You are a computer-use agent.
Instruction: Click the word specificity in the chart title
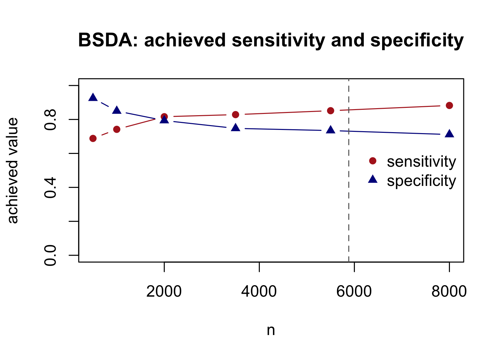[x=417, y=41]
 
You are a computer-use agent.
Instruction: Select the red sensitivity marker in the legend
[x=372, y=161]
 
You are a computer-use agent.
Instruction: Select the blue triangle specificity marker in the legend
[x=372, y=179]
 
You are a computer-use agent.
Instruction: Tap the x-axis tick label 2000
[x=164, y=292]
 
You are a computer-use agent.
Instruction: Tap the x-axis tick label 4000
[x=259, y=292]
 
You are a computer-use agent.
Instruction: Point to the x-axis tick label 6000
[x=354, y=292]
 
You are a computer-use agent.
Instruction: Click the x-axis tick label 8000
[x=449, y=292]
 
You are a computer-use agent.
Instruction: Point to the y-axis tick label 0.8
[x=50, y=120]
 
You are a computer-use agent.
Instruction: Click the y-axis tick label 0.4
[x=50, y=188]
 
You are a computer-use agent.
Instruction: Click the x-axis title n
[x=271, y=331]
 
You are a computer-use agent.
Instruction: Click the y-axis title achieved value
[x=12, y=171]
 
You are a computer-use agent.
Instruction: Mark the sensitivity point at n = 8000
[x=449, y=106]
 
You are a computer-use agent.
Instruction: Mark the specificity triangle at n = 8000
[x=449, y=134]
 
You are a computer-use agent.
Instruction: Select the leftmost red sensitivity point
[x=93, y=138]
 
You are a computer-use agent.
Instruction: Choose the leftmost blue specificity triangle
[x=93, y=97]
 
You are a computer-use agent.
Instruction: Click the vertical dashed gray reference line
[x=349, y=170]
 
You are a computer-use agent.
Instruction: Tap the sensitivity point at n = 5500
[x=331, y=111]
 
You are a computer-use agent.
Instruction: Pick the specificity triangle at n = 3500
[x=236, y=128]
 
